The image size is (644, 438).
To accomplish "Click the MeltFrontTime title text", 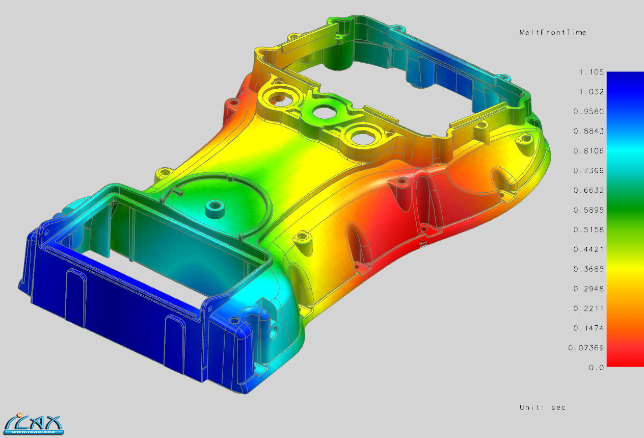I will pos(552,32).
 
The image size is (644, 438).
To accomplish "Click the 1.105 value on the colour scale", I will pos(591,72).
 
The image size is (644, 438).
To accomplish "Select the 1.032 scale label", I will pos(591,92).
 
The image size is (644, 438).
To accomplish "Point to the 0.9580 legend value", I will pos(589,112).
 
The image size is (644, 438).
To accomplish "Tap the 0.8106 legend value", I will pos(589,151).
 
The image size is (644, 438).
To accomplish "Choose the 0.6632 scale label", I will pos(589,190).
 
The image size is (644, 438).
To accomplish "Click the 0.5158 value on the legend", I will pos(589,230).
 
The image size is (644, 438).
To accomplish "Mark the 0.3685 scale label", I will pos(589,269).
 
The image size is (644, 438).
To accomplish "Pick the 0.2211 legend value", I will pos(589,308).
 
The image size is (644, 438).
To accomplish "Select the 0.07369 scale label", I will pos(587,348).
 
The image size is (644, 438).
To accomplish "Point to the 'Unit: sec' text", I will pos(542,407).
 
